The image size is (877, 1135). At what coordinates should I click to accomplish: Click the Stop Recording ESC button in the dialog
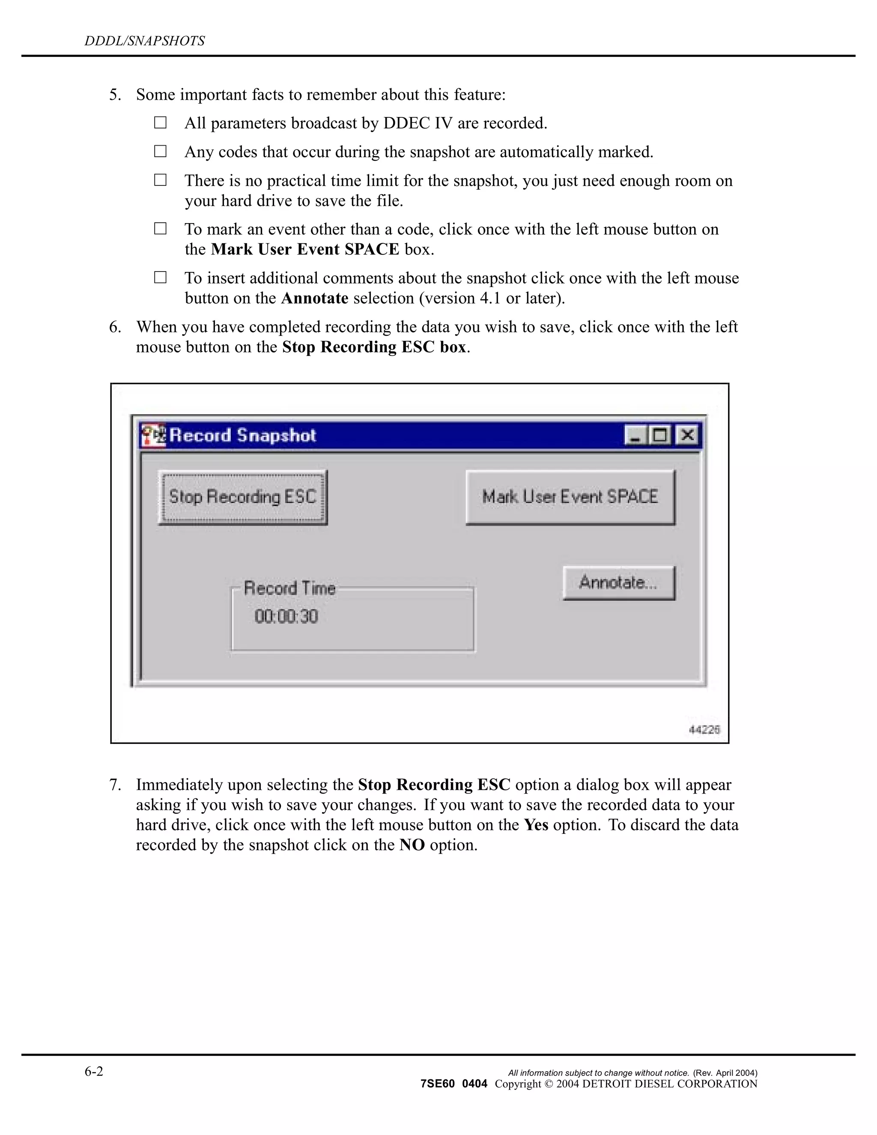(243, 497)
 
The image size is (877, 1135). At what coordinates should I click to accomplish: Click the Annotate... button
(619, 582)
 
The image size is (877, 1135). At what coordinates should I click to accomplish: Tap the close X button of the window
(687, 435)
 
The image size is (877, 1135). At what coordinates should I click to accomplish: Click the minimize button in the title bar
(634, 435)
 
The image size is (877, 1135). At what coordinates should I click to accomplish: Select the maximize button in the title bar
(660, 435)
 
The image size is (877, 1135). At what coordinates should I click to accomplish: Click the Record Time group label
(289, 588)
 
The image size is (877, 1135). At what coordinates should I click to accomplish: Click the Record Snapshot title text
(243, 435)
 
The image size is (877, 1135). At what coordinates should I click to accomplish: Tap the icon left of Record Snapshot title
(154, 435)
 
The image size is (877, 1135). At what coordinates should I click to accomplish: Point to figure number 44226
(704, 730)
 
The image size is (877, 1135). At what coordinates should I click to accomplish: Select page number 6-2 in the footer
(94, 1071)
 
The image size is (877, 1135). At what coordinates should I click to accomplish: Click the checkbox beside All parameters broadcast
(160, 122)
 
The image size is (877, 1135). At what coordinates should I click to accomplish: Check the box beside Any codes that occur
(160, 151)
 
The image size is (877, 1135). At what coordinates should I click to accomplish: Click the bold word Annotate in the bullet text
(314, 298)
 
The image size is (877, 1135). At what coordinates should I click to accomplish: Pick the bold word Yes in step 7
(536, 825)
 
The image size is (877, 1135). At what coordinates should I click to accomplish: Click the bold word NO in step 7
(412, 845)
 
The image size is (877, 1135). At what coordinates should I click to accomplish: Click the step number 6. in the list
(115, 327)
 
